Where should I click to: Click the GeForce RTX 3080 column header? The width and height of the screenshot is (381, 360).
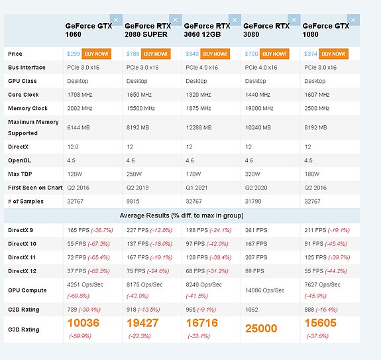pos(266,30)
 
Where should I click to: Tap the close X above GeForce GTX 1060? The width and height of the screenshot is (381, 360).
pos(116,20)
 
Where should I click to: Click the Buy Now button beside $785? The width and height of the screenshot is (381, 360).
pos(156,54)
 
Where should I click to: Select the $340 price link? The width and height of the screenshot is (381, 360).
pos(192,54)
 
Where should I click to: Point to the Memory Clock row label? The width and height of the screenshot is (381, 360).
pos(28,108)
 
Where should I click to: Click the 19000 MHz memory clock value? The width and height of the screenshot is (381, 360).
pos(259,108)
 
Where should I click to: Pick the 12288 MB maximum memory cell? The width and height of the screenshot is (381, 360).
pos(199,127)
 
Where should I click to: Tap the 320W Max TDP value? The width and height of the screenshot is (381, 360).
pos(252,174)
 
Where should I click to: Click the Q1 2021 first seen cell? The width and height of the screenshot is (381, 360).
pos(197,188)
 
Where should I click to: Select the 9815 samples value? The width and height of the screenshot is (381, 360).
pos(133,202)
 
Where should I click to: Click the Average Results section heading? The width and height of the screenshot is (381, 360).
pos(182,215)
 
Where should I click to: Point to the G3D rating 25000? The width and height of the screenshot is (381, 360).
pos(261,328)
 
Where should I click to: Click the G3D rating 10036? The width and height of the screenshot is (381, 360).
pos(83,323)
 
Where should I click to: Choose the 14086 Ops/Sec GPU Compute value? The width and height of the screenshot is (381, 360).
pos(264,290)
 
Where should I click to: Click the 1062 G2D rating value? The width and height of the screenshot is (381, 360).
pos(252,310)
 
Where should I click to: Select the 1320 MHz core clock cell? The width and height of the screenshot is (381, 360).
pos(198,95)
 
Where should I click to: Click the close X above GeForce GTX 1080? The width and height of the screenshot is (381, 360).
pos(353,20)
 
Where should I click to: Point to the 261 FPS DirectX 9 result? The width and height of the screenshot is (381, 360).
pos(256,230)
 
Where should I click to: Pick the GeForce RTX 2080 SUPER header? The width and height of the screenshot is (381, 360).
pos(148,30)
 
